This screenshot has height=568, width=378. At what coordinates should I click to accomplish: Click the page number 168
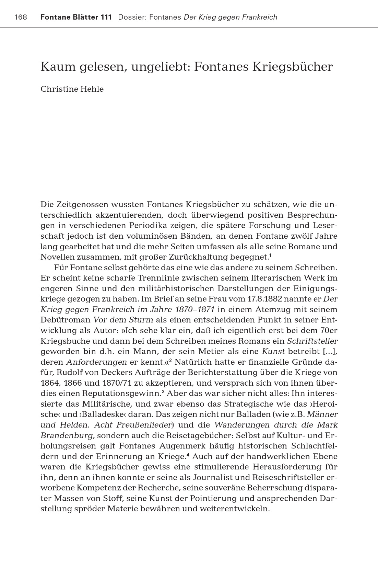point(21,17)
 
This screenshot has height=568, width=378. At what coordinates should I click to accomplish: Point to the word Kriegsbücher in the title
point(293,67)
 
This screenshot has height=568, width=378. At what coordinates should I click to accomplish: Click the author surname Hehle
point(92,89)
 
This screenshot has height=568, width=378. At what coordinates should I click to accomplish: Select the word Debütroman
point(66,320)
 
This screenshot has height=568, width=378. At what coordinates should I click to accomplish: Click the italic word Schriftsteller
point(312,341)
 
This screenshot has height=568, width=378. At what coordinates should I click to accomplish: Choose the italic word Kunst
point(273,352)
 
